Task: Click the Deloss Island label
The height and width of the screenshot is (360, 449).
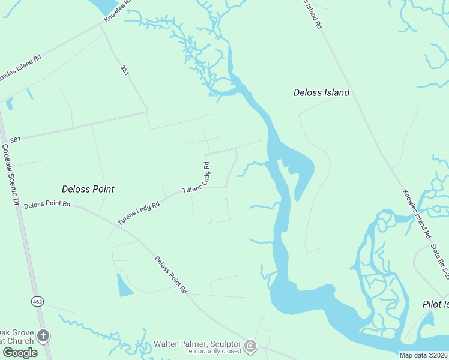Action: tap(321, 92)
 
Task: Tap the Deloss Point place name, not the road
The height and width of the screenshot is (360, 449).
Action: tap(88, 189)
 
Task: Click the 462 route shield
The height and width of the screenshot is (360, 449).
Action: tap(37, 301)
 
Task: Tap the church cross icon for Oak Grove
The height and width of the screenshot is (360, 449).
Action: tap(43, 335)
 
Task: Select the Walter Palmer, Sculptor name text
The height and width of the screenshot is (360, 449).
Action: tap(197, 344)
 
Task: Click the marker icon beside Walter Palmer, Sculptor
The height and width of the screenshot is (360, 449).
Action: tap(250, 346)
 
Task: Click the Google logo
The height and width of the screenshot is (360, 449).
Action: tap(20, 353)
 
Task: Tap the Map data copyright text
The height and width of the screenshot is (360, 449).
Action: tap(423, 355)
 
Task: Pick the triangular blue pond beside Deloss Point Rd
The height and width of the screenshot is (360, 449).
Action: tap(124, 286)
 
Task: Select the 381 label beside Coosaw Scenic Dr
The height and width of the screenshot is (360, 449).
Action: tap(16, 139)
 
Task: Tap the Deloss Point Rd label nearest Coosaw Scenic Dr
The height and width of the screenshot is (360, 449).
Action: tap(47, 205)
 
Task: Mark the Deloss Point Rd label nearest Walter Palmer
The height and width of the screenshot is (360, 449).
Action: tap(171, 275)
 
